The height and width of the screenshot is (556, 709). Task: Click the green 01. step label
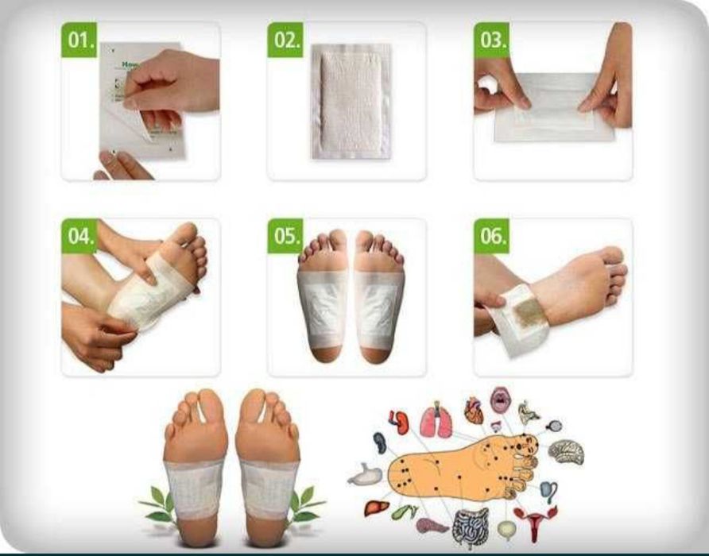pyautogui.click(x=79, y=39)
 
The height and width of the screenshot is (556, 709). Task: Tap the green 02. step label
pyautogui.click(x=285, y=39)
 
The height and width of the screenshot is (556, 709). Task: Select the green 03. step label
pyautogui.click(x=491, y=39)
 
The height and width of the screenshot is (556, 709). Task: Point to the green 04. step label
pyautogui.click(x=79, y=237)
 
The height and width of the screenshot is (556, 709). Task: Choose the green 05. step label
pyautogui.click(x=285, y=237)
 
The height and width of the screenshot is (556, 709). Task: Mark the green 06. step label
pyautogui.click(x=491, y=237)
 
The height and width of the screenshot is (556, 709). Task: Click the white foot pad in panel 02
pyautogui.click(x=351, y=102)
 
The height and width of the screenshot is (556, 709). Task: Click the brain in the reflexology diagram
pyautogui.click(x=566, y=452)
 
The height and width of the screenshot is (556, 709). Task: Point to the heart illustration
pyautogui.click(x=474, y=410)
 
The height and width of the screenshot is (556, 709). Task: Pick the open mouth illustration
pyautogui.click(x=500, y=400)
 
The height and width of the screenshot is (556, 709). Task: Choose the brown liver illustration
pyautogui.click(x=378, y=506)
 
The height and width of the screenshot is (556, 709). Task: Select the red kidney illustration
pyautogui.click(x=400, y=422)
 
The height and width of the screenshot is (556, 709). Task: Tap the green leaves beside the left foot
pyautogui.click(x=157, y=505)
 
